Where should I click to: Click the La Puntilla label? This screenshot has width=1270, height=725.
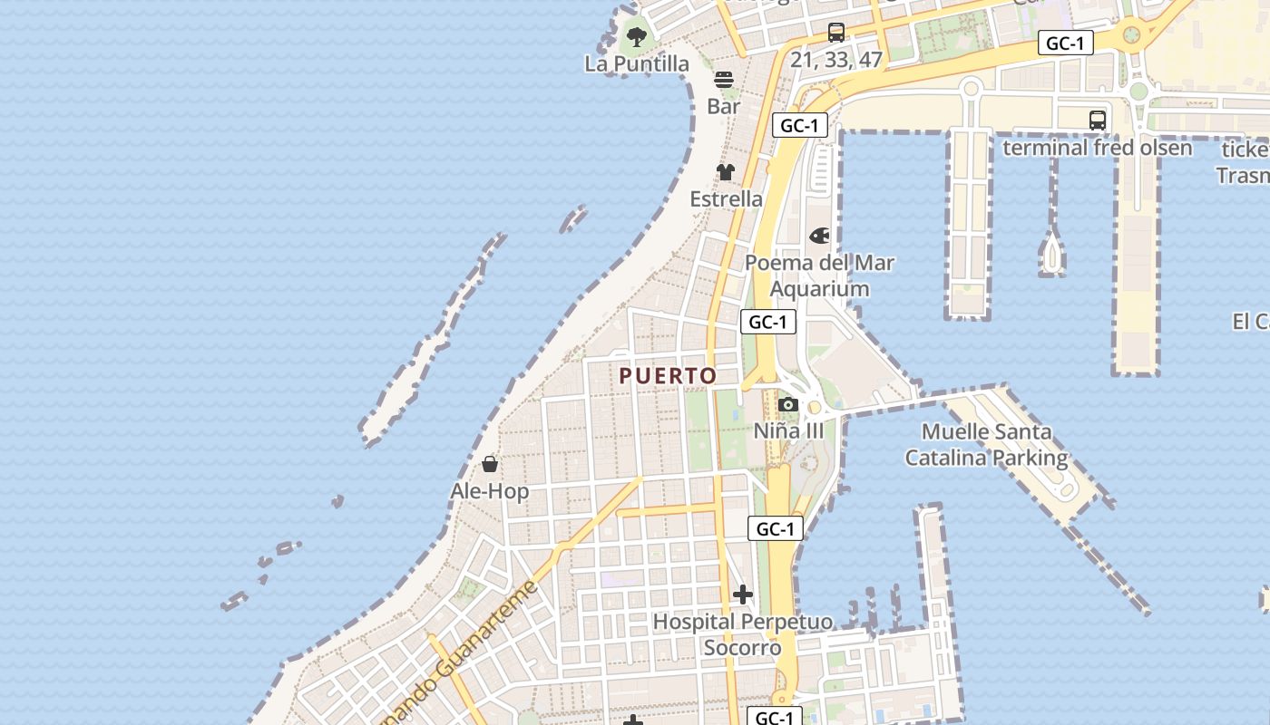click(637, 63)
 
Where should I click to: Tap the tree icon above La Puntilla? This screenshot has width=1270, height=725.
click(637, 37)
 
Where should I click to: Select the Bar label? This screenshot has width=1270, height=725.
click(724, 106)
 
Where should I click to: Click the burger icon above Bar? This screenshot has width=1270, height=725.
click(724, 80)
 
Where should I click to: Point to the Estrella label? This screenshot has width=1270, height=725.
click(726, 198)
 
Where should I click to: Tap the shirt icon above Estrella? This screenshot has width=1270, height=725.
click(726, 172)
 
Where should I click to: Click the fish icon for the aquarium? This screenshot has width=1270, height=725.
click(819, 237)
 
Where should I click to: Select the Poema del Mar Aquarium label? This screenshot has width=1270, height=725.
click(819, 275)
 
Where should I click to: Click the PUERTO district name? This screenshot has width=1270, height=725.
click(668, 375)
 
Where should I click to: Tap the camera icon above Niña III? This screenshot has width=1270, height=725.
click(788, 404)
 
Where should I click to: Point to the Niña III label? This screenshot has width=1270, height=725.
click(789, 430)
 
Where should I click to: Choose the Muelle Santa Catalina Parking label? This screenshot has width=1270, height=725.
click(986, 445)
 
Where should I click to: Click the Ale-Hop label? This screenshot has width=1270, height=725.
click(490, 491)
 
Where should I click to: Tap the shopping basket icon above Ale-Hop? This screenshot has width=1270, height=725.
click(490, 465)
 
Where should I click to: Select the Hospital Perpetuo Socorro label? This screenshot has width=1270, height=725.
click(743, 634)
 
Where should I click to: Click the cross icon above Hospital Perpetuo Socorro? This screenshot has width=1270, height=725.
click(743, 594)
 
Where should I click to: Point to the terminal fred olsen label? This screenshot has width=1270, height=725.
click(1097, 147)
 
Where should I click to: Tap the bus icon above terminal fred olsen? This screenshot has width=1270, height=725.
click(1097, 120)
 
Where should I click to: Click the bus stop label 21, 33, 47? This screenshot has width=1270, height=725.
click(836, 60)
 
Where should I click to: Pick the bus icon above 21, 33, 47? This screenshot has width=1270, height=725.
click(836, 33)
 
